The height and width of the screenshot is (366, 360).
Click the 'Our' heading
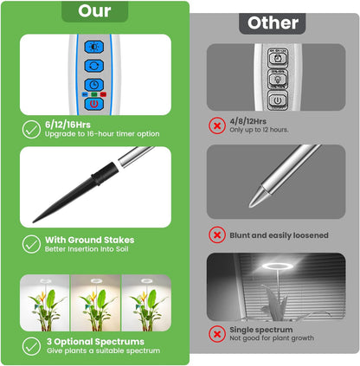[94, 11]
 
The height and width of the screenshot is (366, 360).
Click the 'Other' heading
[273, 23]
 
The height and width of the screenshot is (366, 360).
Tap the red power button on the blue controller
[94, 104]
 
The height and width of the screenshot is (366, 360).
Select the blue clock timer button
[94, 85]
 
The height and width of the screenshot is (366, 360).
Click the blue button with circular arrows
[94, 66]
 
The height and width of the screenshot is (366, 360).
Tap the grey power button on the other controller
[277, 100]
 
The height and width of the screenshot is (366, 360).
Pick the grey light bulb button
[277, 79]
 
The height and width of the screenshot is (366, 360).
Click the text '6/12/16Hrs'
[67, 125]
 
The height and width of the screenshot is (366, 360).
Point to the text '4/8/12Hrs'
[247, 121]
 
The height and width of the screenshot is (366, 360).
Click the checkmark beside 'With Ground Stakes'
[31, 244]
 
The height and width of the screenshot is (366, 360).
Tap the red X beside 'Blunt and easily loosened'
[217, 234]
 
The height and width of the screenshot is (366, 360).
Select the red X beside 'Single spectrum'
[217, 334]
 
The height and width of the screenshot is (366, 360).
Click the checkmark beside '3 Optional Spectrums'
[31, 346]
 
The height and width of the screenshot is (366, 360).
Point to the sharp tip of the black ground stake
[34, 222]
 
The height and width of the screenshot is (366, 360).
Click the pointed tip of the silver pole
[250, 206]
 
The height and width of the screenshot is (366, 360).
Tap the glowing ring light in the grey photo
[278, 266]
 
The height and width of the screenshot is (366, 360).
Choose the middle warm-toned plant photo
[95, 303]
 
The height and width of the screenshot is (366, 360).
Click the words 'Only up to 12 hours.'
[259, 130]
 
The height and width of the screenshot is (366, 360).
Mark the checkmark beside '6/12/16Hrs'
[31, 129]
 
